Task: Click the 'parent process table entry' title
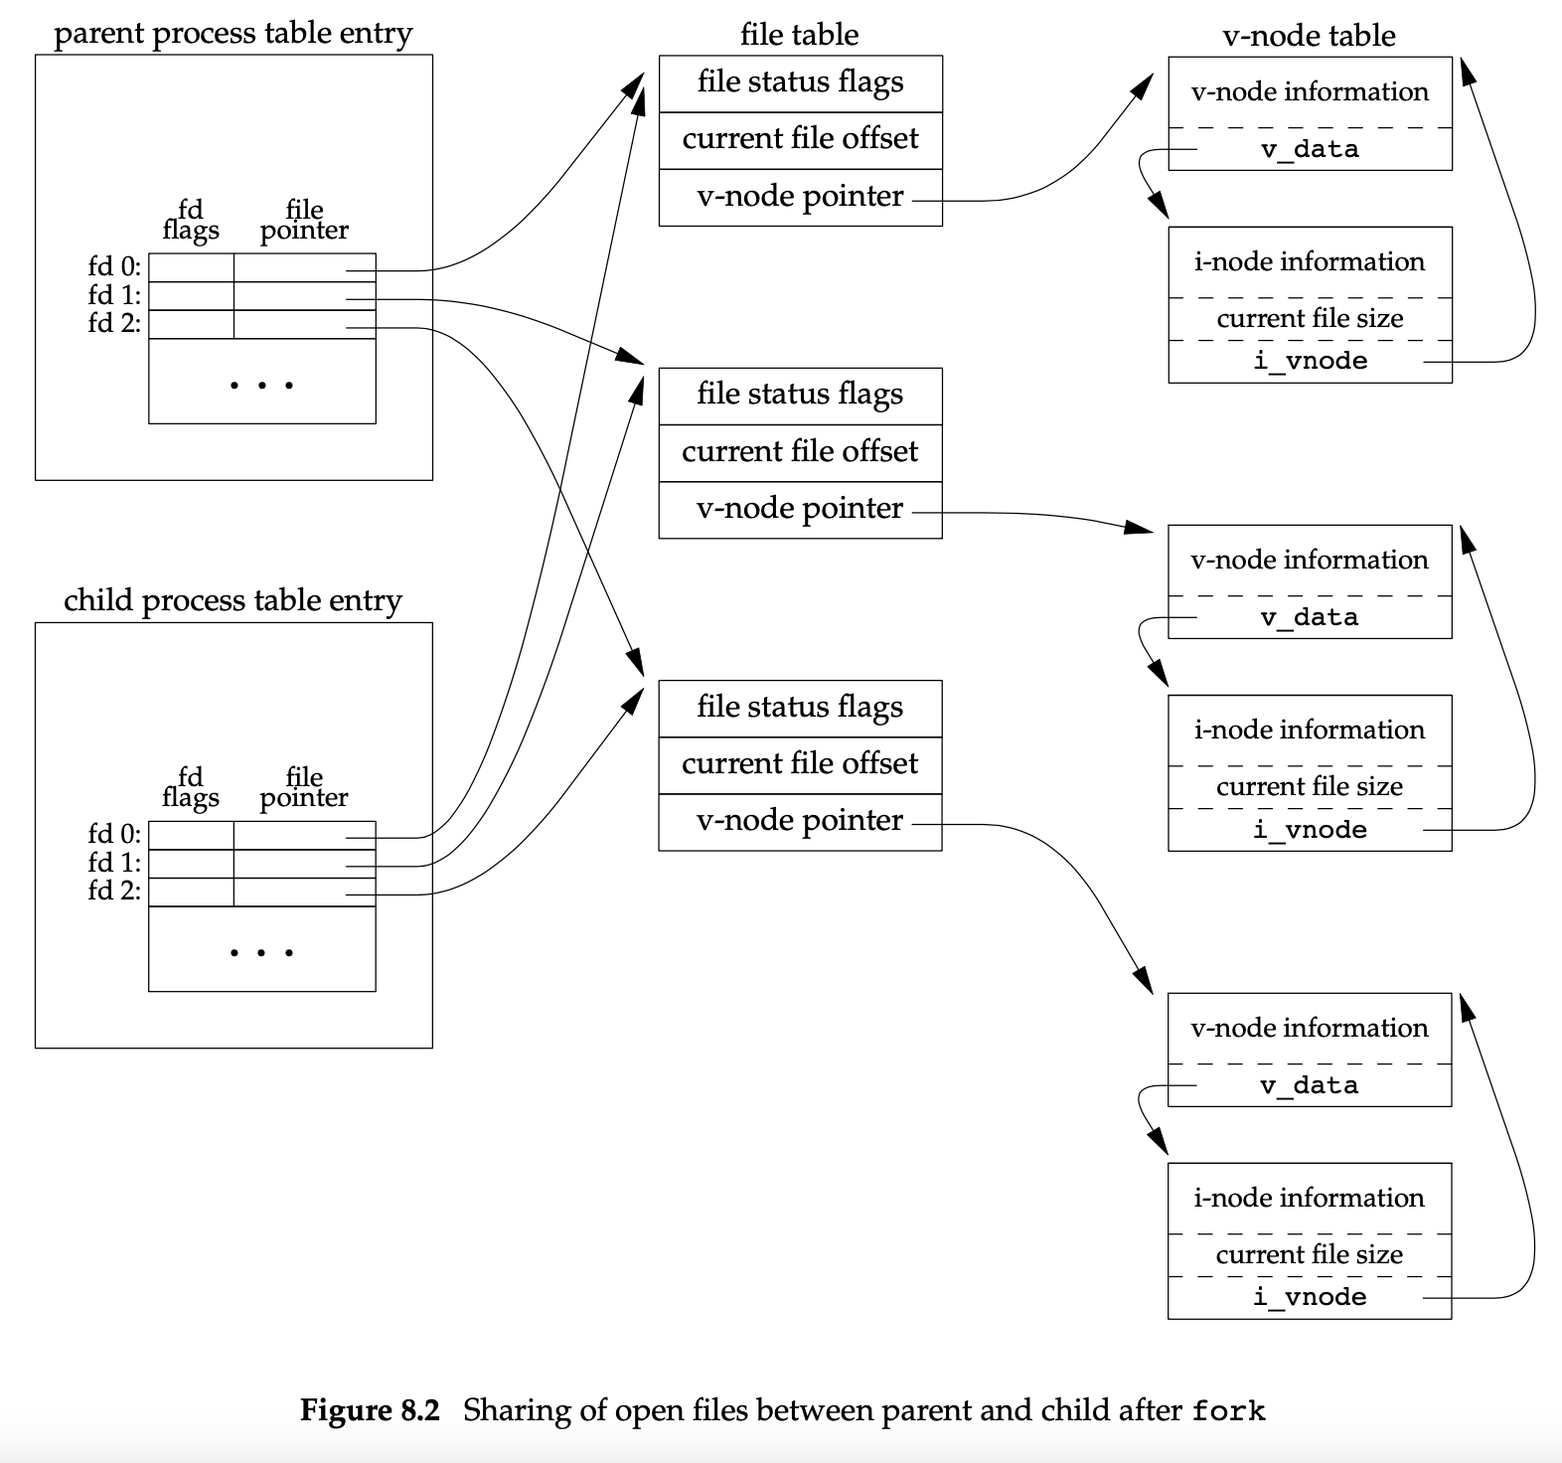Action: (x=233, y=34)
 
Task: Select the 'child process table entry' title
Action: (x=233, y=601)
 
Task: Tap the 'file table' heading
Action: (x=799, y=35)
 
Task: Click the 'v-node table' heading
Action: (x=1309, y=36)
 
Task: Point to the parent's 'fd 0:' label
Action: (x=114, y=266)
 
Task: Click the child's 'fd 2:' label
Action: (x=114, y=891)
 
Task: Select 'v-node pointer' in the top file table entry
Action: (x=800, y=197)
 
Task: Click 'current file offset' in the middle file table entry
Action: (x=800, y=452)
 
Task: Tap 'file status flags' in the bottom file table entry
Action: (x=800, y=708)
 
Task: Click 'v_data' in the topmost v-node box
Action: (x=1309, y=150)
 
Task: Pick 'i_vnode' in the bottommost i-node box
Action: (x=1309, y=1297)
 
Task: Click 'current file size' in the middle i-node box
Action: (x=1309, y=786)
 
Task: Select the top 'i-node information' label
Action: (x=1309, y=261)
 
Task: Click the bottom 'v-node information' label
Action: (x=1309, y=1028)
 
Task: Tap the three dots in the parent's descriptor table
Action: (x=261, y=385)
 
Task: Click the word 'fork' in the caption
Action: (x=1228, y=1411)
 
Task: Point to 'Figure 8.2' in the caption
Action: (x=370, y=1410)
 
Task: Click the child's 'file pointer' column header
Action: (x=304, y=787)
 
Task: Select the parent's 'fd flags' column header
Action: (x=191, y=220)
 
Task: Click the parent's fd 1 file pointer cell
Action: (x=304, y=296)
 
